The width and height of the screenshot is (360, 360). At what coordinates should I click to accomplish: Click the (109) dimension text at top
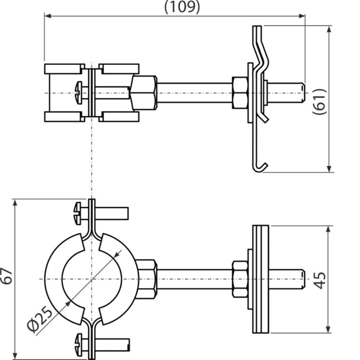click(182, 6)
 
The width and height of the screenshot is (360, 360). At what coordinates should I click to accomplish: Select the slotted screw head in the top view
click(80, 93)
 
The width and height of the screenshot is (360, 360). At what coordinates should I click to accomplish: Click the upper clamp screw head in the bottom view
click(78, 213)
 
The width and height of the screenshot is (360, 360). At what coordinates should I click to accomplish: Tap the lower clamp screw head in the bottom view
click(78, 344)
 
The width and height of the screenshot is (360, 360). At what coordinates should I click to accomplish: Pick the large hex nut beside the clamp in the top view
click(144, 93)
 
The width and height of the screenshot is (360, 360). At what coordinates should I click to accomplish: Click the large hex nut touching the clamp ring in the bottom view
click(147, 279)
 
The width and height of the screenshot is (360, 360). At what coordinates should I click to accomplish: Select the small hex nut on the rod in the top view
click(240, 93)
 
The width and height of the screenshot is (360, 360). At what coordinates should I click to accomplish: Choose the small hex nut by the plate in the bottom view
click(240, 279)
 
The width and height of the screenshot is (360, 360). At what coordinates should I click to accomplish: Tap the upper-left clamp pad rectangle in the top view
click(63, 69)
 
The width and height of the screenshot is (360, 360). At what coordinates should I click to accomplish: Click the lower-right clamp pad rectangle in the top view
click(120, 117)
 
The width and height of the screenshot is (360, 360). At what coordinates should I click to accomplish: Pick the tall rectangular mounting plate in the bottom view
click(261, 279)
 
